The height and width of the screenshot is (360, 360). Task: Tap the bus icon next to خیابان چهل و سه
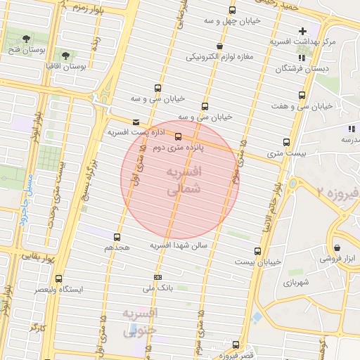[233, 10]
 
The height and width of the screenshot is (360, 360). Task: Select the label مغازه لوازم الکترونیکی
[220, 57]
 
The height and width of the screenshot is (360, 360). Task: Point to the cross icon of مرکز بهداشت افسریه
[302, 31]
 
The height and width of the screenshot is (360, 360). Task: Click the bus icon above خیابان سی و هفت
[302, 95]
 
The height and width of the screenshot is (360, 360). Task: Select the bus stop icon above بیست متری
[285, 141]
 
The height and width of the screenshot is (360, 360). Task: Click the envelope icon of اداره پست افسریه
[136, 122]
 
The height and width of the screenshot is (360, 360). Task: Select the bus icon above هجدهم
[116, 237]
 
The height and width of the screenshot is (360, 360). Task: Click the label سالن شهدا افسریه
[179, 245]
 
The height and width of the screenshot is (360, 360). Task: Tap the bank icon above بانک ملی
[157, 277]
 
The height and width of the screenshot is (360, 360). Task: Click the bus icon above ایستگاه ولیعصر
[58, 278]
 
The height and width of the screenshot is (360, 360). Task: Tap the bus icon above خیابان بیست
[257, 250]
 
